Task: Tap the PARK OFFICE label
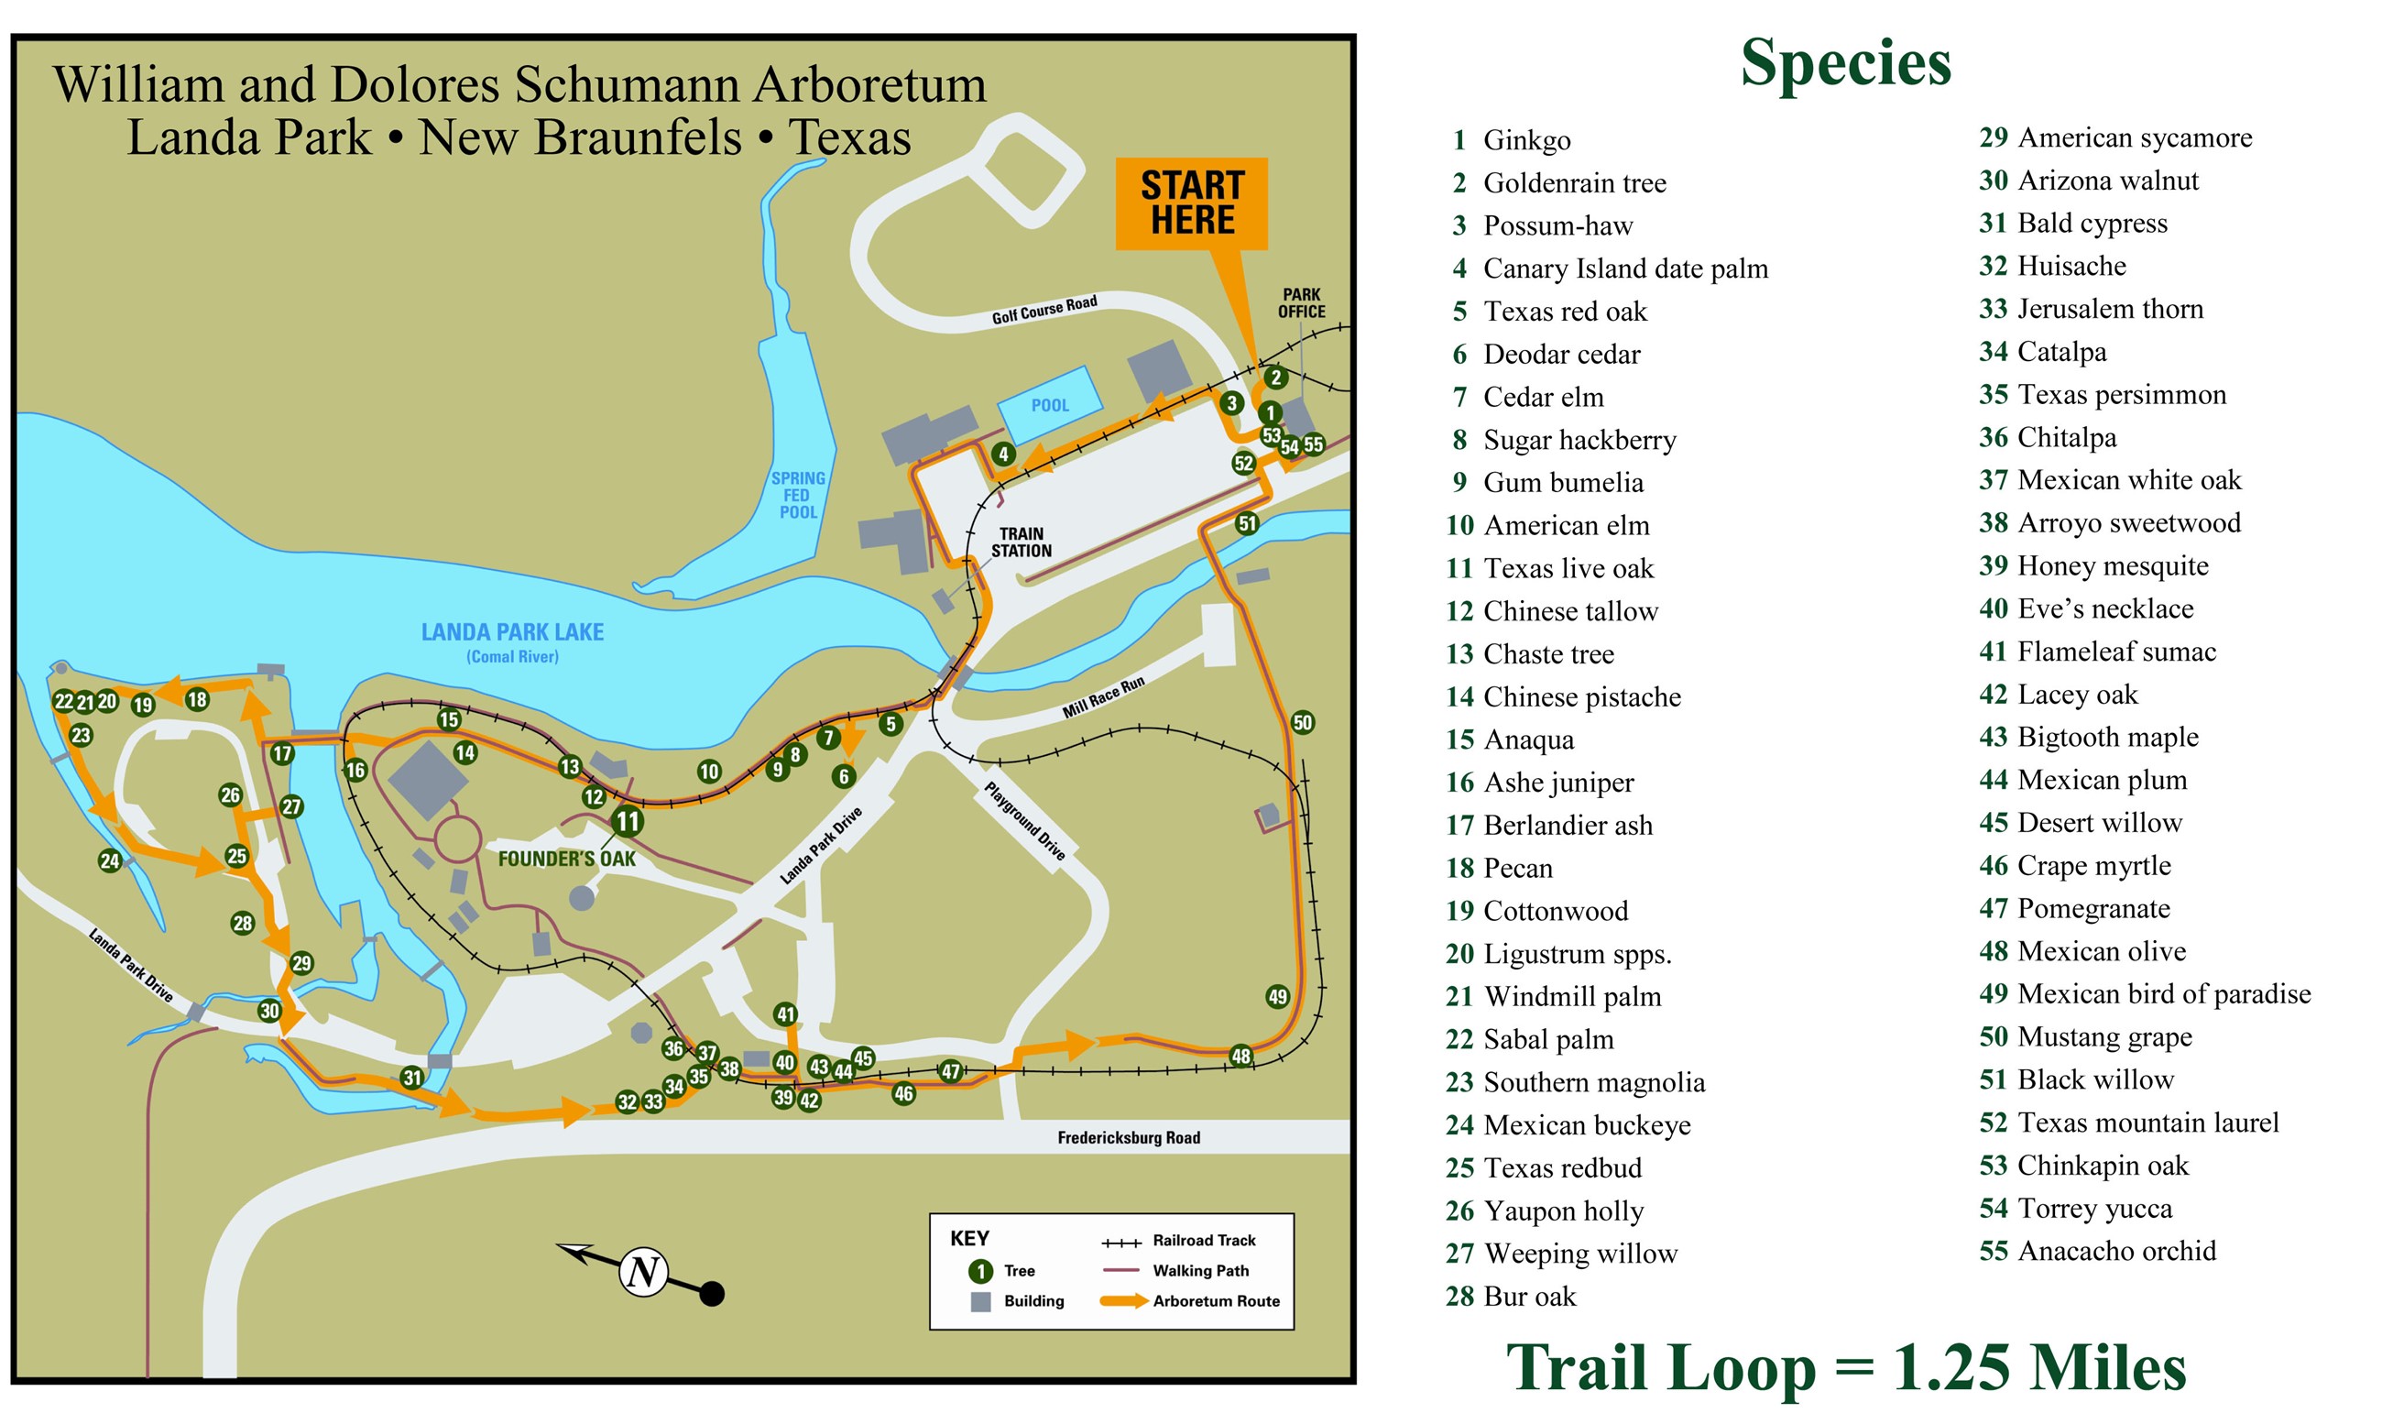click(x=1301, y=303)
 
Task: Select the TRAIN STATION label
click(x=1021, y=542)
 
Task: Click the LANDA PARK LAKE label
click(x=512, y=632)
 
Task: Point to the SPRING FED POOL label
click(x=797, y=495)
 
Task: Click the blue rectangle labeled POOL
click(x=1049, y=404)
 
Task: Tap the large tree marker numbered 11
click(x=628, y=821)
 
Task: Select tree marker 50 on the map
click(x=1302, y=723)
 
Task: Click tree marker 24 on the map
click(x=110, y=860)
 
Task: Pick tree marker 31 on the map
click(x=412, y=1078)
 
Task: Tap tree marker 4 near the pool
click(x=1003, y=454)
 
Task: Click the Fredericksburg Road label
click(x=1128, y=1138)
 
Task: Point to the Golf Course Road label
click(x=1043, y=310)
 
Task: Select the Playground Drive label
click(x=1024, y=821)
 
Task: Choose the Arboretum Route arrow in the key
click(x=1123, y=1302)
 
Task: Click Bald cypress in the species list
click(x=2092, y=224)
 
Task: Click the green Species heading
click(x=1845, y=63)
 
